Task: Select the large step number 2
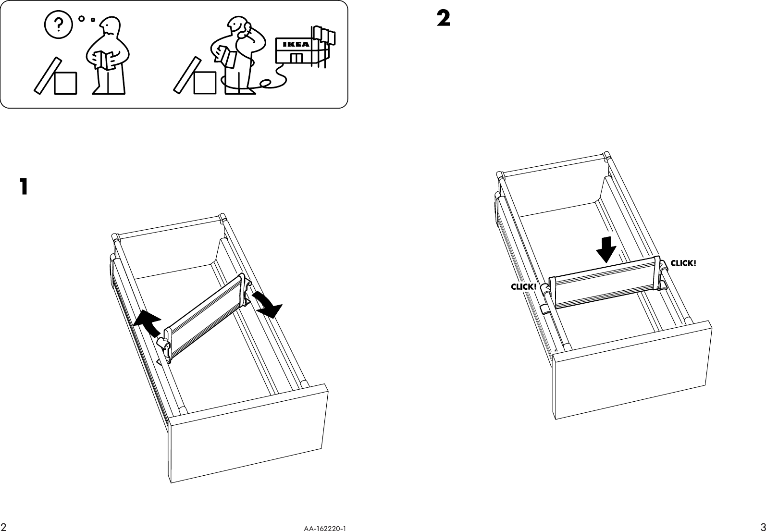click(443, 19)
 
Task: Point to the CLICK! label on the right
click(683, 263)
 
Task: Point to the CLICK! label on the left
click(523, 287)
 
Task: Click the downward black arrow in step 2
click(606, 249)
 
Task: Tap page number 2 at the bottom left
click(4, 525)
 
